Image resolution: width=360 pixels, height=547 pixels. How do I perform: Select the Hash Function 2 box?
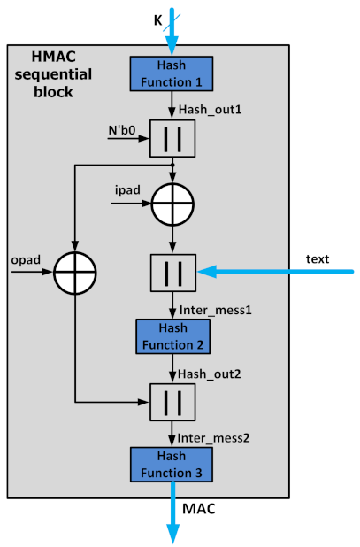coord(172,335)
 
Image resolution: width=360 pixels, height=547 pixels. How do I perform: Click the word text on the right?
coord(318,259)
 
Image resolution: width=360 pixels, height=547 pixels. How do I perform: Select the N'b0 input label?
coord(120,130)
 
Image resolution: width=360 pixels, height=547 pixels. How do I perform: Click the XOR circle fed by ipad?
coord(172,203)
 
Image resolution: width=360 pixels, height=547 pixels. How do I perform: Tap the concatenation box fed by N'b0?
coord(172,138)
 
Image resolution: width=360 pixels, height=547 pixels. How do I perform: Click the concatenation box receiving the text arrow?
coord(172,272)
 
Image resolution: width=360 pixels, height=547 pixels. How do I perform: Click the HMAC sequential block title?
coord(55,73)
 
